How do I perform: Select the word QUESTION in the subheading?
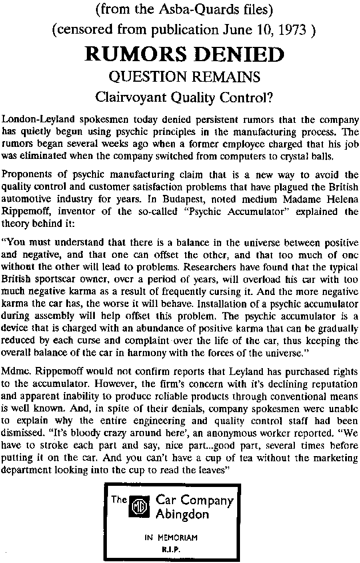tap(143, 76)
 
